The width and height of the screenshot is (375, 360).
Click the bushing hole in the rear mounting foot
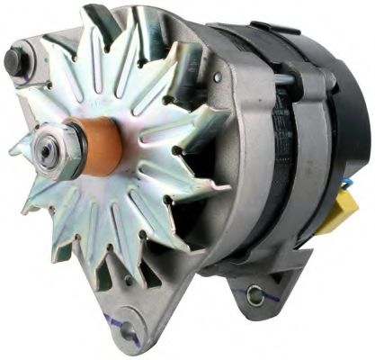[x=255, y=294]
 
